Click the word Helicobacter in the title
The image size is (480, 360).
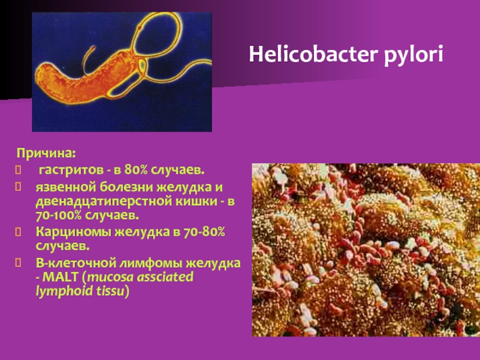pyautogui.click(x=313, y=54)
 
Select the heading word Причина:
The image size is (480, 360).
pyautogui.click(x=46, y=154)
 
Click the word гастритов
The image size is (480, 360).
pyautogui.click(x=71, y=170)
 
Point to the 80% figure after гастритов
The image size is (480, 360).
pyautogui.click(x=136, y=170)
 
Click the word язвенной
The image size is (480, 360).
pyautogui.click(x=66, y=187)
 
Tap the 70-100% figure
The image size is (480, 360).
pyautogui.click(x=58, y=215)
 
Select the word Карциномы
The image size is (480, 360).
pyautogui.click(x=73, y=232)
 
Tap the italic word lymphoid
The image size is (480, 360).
pyautogui.click(x=65, y=292)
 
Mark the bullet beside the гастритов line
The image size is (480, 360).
pyautogui.click(x=19, y=170)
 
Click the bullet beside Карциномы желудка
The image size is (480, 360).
pyautogui.click(x=19, y=232)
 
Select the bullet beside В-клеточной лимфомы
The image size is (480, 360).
pyautogui.click(x=19, y=263)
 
